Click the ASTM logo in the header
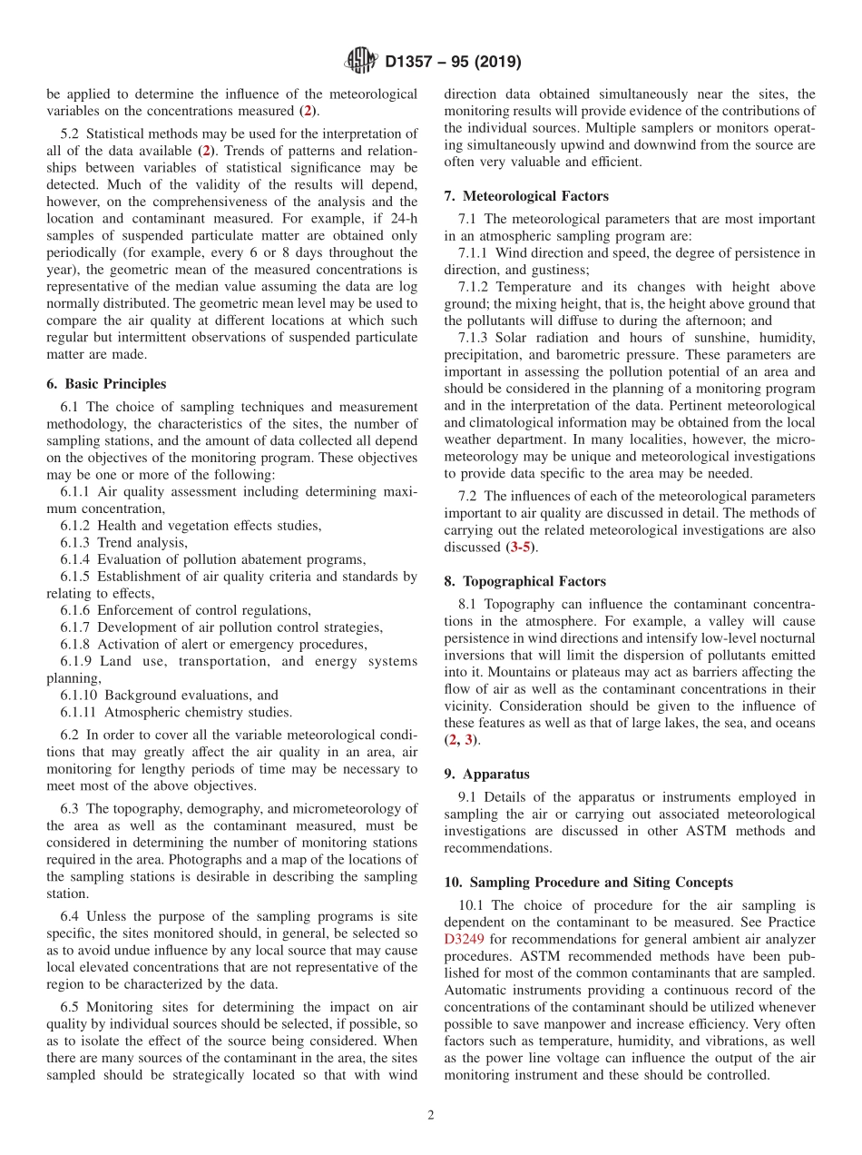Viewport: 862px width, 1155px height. click(360, 62)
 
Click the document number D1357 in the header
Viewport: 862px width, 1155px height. click(414, 63)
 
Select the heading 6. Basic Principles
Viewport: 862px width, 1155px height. click(106, 384)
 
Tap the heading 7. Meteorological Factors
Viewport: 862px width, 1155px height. click(526, 196)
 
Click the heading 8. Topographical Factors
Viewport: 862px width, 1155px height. click(525, 581)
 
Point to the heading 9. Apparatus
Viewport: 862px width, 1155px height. click(487, 775)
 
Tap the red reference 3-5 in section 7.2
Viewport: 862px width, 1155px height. click(522, 548)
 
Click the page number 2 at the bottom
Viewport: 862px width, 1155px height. click(431, 1115)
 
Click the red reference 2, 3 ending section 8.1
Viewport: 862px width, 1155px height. click(460, 740)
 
